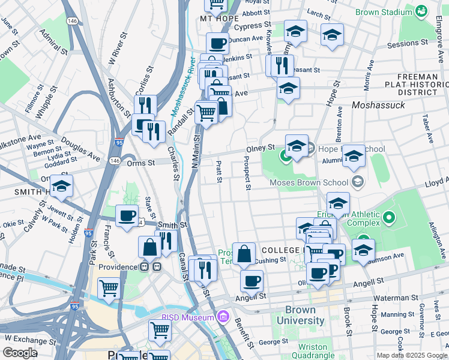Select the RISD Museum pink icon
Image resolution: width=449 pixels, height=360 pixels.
click(x=223, y=316)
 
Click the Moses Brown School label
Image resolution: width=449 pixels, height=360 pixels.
click(x=309, y=182)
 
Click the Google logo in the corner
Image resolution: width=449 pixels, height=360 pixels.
click(x=20, y=353)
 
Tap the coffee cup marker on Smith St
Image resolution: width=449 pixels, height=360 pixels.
click(x=127, y=215)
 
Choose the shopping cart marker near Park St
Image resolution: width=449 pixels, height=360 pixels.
click(x=109, y=288)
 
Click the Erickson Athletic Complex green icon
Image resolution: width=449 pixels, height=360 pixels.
click(x=388, y=217)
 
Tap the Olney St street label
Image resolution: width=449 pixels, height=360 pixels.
click(x=260, y=148)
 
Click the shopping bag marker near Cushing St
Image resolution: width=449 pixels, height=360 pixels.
click(x=244, y=254)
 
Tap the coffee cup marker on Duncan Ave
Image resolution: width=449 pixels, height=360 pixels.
click(x=217, y=43)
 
